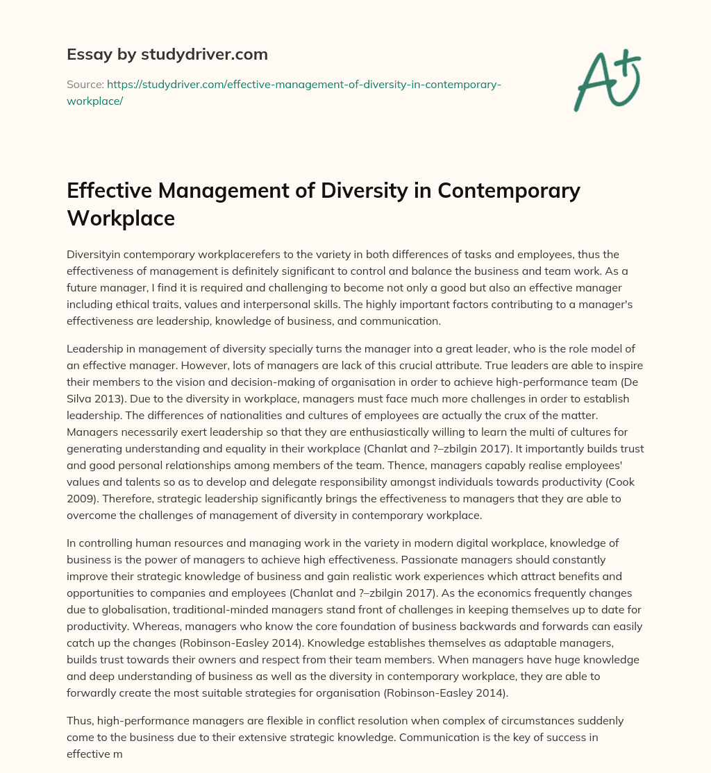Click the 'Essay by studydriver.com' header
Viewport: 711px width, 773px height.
click(x=167, y=53)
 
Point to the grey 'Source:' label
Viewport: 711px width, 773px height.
click(x=84, y=84)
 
